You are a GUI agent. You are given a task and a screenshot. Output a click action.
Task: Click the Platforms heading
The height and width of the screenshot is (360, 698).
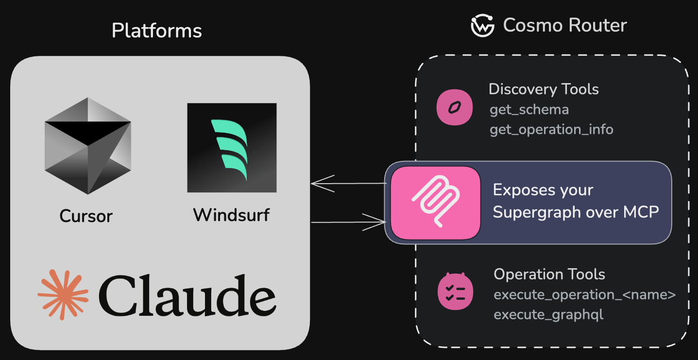156,31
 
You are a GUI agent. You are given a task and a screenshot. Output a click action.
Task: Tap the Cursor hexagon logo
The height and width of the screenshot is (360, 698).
88,146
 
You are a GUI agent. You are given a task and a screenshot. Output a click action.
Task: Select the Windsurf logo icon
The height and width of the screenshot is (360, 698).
232,148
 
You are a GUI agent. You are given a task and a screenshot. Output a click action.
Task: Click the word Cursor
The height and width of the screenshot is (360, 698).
86,216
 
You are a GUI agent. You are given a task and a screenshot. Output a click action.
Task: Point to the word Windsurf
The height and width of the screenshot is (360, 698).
231,215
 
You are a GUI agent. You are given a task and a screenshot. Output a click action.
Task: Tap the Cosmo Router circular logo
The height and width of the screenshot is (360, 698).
482,25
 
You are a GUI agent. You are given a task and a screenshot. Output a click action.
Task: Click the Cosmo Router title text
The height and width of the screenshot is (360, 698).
565,25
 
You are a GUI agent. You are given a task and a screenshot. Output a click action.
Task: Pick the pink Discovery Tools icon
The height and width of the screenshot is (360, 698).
455,107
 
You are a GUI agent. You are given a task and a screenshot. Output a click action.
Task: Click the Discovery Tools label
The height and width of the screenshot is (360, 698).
544,89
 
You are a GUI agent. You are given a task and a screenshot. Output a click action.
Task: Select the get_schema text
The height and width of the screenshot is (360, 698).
529,110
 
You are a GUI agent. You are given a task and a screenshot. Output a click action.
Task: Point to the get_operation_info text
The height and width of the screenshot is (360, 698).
551,130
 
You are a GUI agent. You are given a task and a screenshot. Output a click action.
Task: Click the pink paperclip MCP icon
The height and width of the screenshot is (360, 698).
435,203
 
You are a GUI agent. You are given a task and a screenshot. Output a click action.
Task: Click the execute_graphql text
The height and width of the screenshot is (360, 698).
548,315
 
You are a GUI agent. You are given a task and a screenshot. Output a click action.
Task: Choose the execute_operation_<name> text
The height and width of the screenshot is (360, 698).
584,295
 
